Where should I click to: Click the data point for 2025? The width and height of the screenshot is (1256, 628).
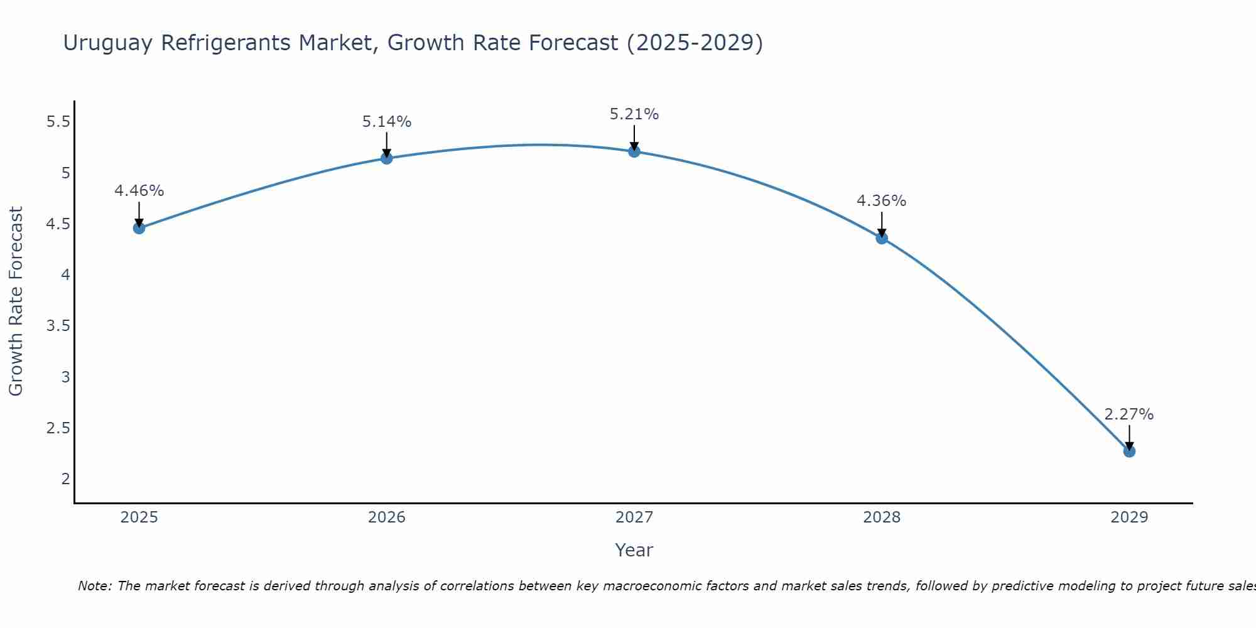coord(139,228)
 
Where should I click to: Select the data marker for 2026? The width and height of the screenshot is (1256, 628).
coord(387,158)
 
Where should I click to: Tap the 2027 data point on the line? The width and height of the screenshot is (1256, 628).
coord(634,151)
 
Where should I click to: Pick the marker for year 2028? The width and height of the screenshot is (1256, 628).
coord(882,238)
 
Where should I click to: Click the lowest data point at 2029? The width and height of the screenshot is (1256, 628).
coord(1129,452)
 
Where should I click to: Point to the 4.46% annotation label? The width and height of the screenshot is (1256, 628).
coord(139,191)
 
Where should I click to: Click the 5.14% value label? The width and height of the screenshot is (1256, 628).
coord(387,122)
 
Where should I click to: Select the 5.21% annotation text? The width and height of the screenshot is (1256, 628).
coord(634,114)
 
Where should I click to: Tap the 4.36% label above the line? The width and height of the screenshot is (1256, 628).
coord(882,201)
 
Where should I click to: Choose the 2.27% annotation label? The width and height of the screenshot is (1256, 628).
coord(1129,414)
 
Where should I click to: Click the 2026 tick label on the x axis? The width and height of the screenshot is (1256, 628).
coord(387,517)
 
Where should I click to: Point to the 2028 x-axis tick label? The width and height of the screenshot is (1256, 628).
coord(882,517)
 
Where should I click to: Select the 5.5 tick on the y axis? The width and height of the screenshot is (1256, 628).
coord(58,122)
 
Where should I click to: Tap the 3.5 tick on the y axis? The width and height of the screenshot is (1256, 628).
coord(58,326)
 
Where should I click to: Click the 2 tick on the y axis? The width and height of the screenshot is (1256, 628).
coord(65,479)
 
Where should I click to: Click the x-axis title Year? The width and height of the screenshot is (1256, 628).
coord(634,550)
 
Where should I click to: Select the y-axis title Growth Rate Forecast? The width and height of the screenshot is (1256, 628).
coord(16,301)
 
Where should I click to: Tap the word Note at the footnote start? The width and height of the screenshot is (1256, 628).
coord(94,586)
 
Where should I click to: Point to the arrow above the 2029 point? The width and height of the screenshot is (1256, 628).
coord(1129,437)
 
